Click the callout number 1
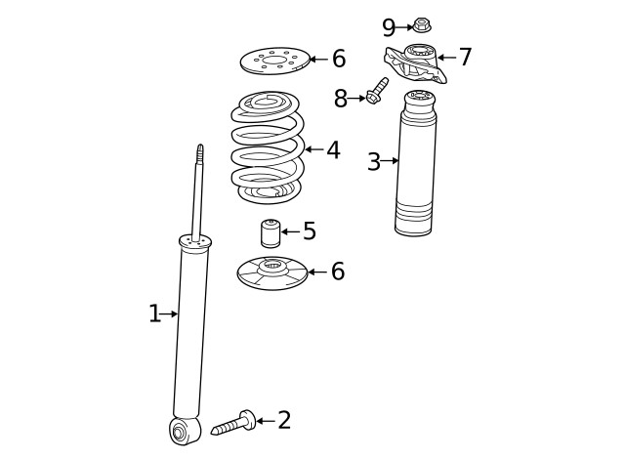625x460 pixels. click(154, 314)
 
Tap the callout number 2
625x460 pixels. click(284, 420)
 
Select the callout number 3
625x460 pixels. click(374, 161)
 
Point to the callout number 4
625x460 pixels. click(333, 149)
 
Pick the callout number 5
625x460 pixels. click(310, 230)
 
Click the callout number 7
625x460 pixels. click(466, 57)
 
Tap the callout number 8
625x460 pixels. click(341, 99)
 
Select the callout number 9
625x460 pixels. click(389, 27)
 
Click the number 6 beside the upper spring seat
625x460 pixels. click(339, 59)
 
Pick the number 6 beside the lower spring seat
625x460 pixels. click(338, 272)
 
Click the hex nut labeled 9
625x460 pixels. click(421, 25)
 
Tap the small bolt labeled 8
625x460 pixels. click(377, 91)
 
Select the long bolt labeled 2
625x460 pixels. click(233, 423)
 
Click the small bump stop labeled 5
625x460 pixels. click(271, 233)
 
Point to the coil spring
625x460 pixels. click(268, 147)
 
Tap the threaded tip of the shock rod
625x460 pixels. click(199, 154)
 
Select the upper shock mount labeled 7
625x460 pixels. click(415, 63)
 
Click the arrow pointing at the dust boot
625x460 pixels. click(389, 160)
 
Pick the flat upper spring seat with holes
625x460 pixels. click(275, 61)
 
